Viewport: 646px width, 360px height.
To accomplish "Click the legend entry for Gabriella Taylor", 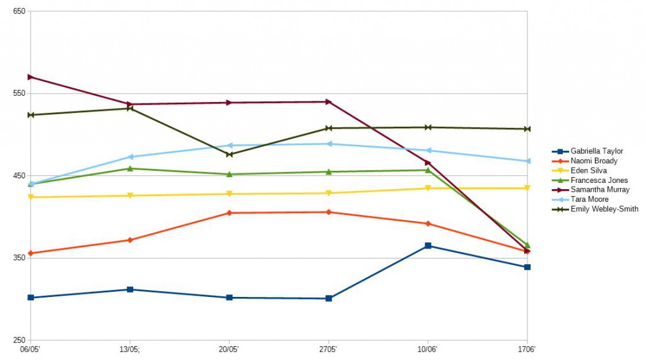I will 596,151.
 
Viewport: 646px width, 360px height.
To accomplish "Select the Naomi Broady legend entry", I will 594,161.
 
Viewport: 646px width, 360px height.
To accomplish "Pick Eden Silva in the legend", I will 589,171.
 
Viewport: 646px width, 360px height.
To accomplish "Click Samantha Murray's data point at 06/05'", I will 30,77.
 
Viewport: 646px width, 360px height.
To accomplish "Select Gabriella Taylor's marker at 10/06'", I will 428,246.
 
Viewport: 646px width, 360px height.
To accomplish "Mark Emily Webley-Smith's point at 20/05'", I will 229,154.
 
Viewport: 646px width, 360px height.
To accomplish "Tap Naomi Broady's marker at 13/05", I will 130,240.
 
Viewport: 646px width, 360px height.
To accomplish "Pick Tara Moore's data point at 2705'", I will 329,144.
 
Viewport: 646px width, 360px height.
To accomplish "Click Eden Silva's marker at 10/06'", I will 428,189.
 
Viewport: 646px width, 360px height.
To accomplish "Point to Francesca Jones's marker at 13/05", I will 130,168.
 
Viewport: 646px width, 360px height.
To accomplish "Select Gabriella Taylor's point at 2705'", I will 329,298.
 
